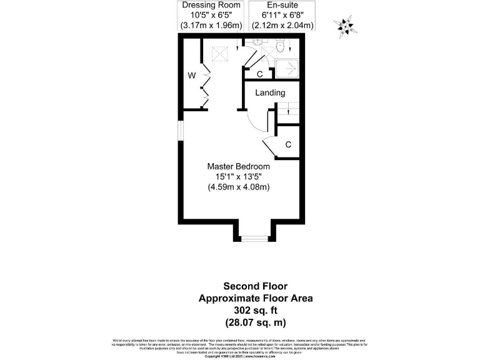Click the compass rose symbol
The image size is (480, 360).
(344, 26)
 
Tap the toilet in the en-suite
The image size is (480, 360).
(281, 45)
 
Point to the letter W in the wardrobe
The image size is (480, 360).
(192, 76)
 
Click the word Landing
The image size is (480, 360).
(270, 92)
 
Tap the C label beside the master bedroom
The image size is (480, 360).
(288, 144)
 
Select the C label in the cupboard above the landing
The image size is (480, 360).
(259, 74)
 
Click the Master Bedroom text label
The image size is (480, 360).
(239, 166)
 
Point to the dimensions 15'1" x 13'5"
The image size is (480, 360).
(239, 176)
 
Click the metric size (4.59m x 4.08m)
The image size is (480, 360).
(239, 186)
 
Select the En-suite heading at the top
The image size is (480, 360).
(282, 6)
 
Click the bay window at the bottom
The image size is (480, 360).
(252, 239)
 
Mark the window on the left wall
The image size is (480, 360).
(180, 129)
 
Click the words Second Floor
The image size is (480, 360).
(256, 287)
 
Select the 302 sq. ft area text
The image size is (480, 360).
(256, 310)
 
